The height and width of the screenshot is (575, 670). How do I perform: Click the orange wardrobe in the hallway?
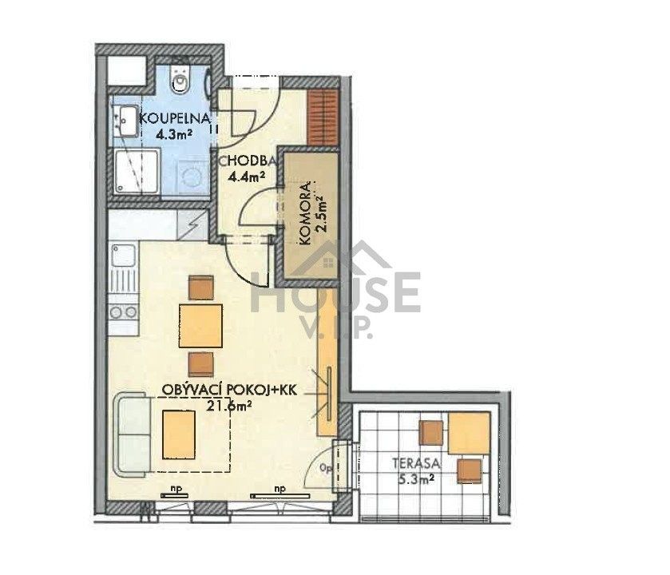pos(323,117)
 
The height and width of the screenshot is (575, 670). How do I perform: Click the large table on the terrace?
pos(469,433)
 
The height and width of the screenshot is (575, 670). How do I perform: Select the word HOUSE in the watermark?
pos(335,291)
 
